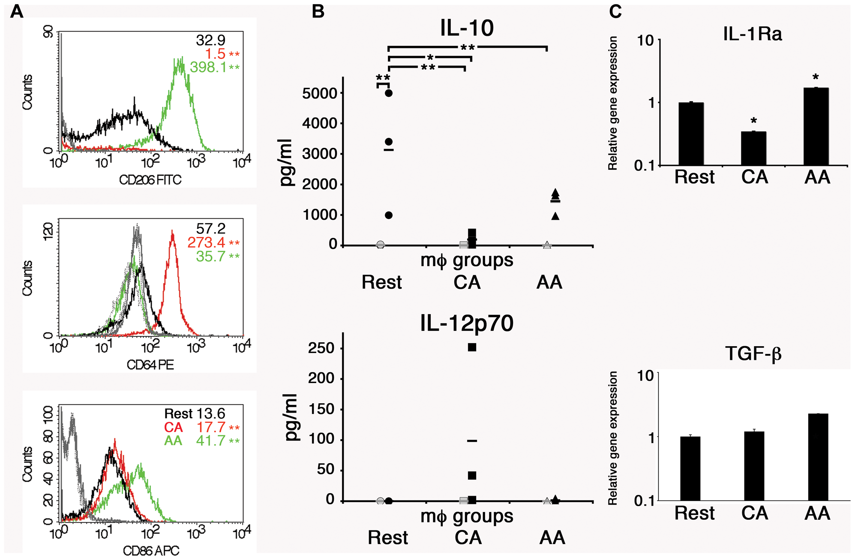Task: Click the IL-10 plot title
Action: click(467, 28)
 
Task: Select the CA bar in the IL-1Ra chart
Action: click(753, 148)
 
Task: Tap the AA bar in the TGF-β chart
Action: click(818, 457)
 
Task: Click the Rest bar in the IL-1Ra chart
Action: click(691, 134)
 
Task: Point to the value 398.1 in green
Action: click(208, 67)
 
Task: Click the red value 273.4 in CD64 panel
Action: click(206, 243)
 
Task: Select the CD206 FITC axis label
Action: click(150, 180)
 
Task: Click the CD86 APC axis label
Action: click(151, 551)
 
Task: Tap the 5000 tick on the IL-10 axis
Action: click(320, 93)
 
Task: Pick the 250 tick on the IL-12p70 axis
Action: click(321, 348)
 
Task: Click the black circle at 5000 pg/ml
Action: click(389, 93)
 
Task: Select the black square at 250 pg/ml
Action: click(472, 347)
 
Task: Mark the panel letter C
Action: click(615, 12)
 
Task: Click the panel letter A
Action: click(17, 12)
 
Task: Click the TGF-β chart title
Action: click(753, 354)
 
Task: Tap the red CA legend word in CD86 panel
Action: click(174, 427)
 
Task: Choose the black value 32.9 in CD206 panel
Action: click(210, 40)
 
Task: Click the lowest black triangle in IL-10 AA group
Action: click(555, 216)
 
